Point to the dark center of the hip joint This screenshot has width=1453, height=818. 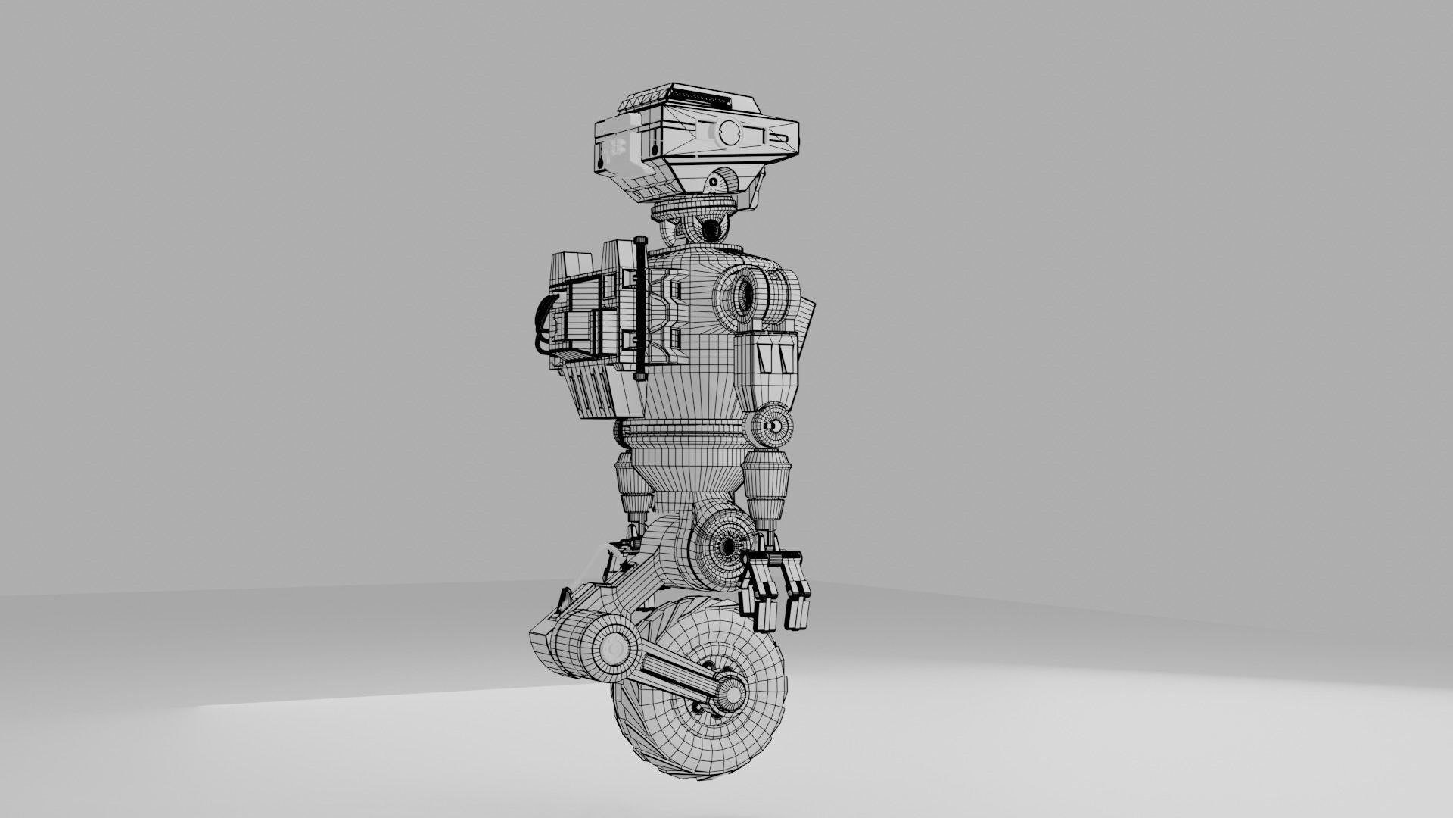pos(729,545)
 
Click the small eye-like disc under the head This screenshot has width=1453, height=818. pos(714,184)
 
